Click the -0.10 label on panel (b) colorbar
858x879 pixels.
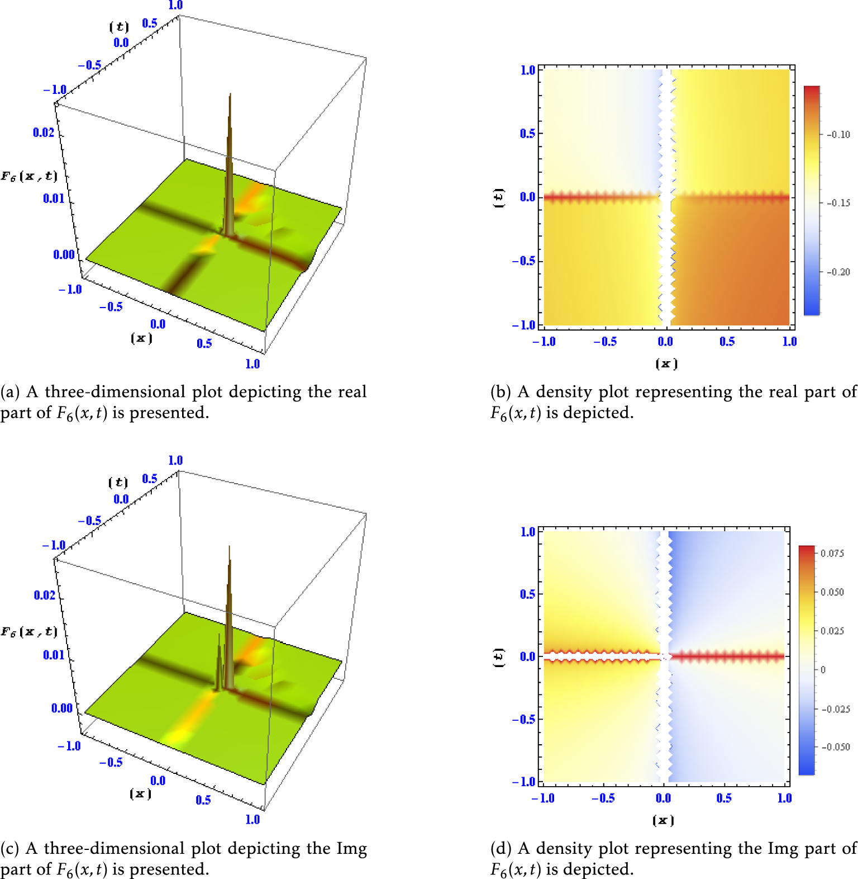click(838, 135)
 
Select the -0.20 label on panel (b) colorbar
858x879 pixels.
click(838, 272)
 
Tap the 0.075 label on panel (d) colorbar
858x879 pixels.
click(832, 554)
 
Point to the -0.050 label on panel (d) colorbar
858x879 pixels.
click(836, 747)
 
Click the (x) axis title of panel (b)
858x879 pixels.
click(666, 364)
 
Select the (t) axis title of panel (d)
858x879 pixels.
click(498, 657)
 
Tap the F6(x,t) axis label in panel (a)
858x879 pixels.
click(29, 177)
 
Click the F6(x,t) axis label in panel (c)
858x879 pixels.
click(29, 632)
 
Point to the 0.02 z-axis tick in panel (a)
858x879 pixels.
click(44, 133)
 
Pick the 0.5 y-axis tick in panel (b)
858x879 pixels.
click(527, 134)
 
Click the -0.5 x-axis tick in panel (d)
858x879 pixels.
click(604, 798)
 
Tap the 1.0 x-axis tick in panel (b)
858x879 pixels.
click(789, 342)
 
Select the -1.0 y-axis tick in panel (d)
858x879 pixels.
click(523, 781)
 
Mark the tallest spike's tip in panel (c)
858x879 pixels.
click(230, 547)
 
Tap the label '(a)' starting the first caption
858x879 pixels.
click(10, 392)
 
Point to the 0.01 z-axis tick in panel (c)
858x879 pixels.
click(54, 655)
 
